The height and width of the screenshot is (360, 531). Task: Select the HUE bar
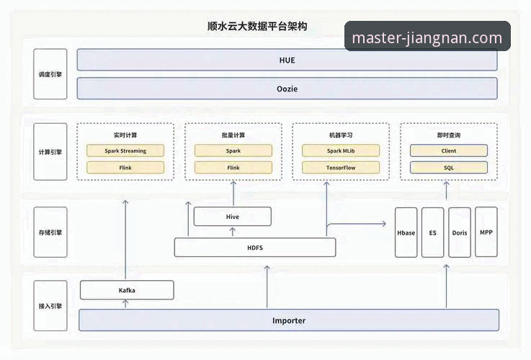pyautogui.click(x=287, y=60)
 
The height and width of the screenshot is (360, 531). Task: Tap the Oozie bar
pyautogui.click(x=287, y=89)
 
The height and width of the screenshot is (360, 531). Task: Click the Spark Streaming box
pyautogui.click(x=125, y=151)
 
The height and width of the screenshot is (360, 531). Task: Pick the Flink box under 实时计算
pyautogui.click(x=125, y=168)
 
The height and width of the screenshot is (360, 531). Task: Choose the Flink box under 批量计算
pyautogui.click(x=233, y=168)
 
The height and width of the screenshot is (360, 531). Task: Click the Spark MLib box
pyautogui.click(x=341, y=151)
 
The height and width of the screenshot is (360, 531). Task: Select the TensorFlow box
pyautogui.click(x=341, y=168)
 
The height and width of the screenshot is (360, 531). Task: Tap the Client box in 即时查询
pyautogui.click(x=449, y=151)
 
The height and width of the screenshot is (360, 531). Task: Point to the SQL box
pyautogui.click(x=449, y=168)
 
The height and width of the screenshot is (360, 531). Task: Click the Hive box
pyautogui.click(x=233, y=217)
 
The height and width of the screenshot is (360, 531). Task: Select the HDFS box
pyautogui.click(x=255, y=248)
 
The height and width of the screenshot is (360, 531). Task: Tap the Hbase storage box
pyautogui.click(x=406, y=233)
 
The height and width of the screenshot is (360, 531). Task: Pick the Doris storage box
pyautogui.click(x=460, y=233)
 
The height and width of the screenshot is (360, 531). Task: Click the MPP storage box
pyautogui.click(x=486, y=233)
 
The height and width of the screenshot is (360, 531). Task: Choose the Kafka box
pyautogui.click(x=127, y=290)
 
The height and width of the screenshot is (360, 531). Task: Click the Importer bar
pyautogui.click(x=288, y=320)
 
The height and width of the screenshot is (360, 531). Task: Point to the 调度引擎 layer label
pyautogui.click(x=50, y=74)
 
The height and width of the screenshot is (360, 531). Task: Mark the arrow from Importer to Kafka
pyautogui.click(x=126, y=304)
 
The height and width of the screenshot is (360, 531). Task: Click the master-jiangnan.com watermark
pyautogui.click(x=427, y=37)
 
